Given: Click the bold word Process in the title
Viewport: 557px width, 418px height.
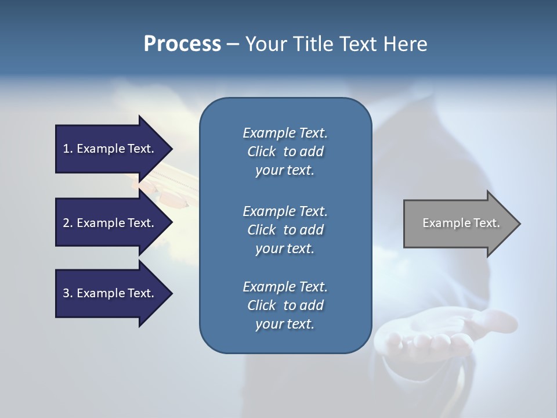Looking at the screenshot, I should pyautogui.click(x=182, y=44).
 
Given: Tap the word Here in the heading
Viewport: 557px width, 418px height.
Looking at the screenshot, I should pyautogui.click(x=405, y=44).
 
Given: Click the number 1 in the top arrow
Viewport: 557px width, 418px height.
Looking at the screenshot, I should pyautogui.click(x=67, y=149).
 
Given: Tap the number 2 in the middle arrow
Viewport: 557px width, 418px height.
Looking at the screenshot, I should pyautogui.click(x=67, y=223).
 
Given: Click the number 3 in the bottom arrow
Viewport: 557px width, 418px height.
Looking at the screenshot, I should pyautogui.click(x=67, y=293).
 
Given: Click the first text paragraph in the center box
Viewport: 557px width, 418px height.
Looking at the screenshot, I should pyautogui.click(x=285, y=152).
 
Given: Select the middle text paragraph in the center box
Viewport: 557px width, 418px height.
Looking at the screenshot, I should pyautogui.click(x=285, y=230).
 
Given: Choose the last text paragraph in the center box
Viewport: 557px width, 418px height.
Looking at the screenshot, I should pyautogui.click(x=285, y=305).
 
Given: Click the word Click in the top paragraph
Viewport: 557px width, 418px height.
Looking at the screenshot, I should pyautogui.click(x=262, y=152).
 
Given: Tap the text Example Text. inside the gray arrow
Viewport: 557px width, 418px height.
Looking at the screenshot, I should pyautogui.click(x=461, y=223).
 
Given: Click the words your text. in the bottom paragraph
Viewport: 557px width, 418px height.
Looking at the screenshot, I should pyautogui.click(x=285, y=324).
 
